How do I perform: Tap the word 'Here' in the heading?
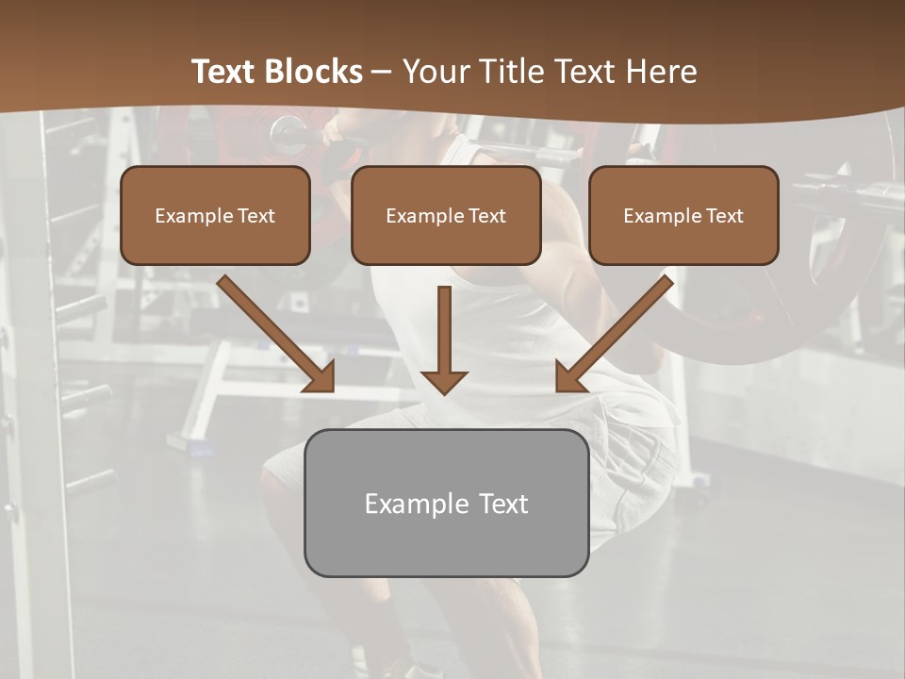tap(664, 72)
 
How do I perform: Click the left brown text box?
tap(215, 215)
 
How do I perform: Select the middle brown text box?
tap(446, 215)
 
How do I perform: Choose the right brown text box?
tap(683, 215)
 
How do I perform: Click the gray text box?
tap(446, 503)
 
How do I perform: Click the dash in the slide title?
tap(382, 72)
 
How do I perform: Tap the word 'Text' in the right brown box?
tap(724, 216)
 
